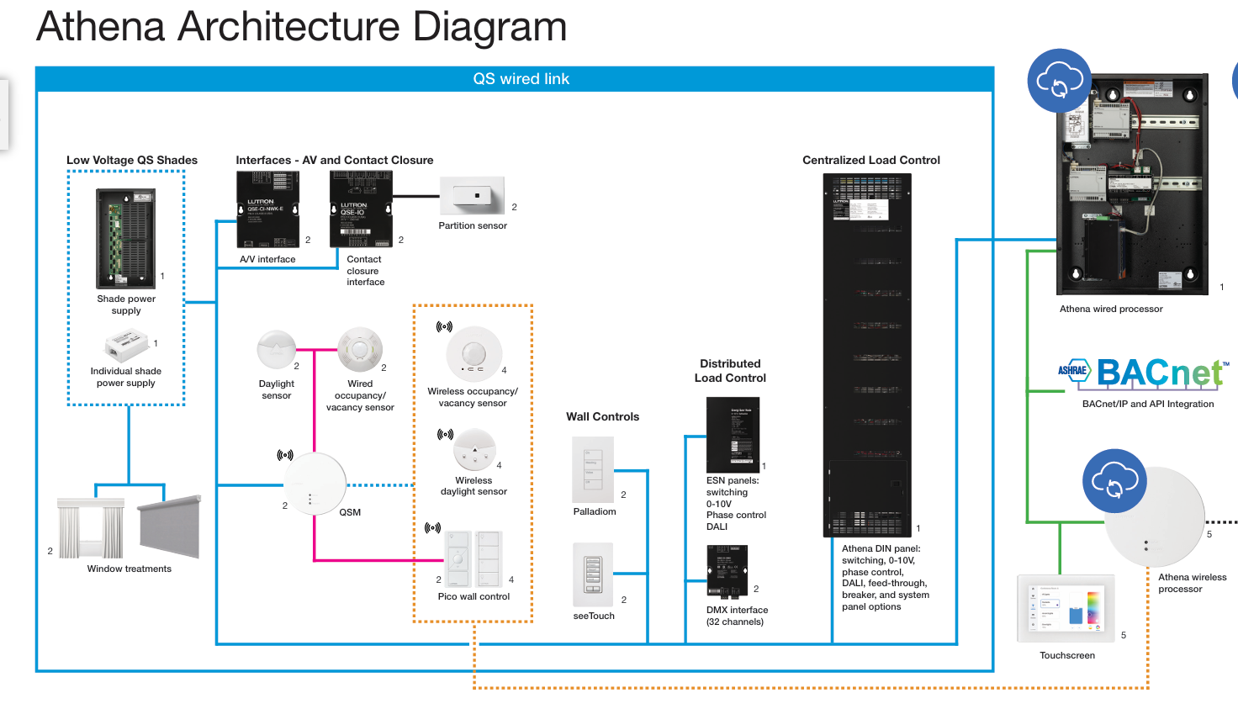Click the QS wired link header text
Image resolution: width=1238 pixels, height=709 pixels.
(521, 79)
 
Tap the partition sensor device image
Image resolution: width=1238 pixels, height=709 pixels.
(473, 196)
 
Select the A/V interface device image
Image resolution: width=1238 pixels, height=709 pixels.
(268, 209)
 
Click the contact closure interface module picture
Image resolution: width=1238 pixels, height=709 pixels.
(361, 209)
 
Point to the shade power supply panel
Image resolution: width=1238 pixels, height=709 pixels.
(126, 239)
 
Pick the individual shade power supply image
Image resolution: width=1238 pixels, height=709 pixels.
(127, 345)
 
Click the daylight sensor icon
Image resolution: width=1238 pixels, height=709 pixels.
(276, 350)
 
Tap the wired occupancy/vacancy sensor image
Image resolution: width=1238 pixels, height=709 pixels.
(360, 350)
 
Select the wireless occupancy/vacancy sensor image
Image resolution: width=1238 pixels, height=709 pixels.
(474, 354)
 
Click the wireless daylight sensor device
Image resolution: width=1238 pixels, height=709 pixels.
(475, 450)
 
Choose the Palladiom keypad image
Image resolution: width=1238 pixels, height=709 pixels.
(593, 469)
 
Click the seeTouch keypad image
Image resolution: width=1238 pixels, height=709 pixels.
(593, 574)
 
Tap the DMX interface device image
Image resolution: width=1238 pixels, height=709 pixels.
(727, 570)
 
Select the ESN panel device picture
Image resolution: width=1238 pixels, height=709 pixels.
(733, 434)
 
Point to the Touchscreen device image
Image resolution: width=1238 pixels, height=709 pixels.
(1066, 609)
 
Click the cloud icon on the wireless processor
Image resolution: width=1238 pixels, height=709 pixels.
(1114, 481)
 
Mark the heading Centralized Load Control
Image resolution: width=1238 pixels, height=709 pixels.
(870, 160)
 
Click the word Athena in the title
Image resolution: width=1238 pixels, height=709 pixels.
(101, 27)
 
